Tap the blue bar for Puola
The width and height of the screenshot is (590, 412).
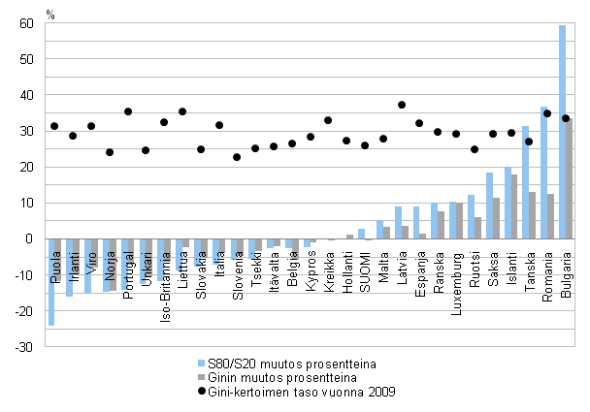click(51, 282)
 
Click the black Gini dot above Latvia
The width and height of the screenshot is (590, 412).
click(402, 105)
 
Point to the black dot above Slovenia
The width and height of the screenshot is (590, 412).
click(237, 157)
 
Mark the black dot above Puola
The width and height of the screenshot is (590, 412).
click(54, 126)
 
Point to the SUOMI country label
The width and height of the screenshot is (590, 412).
click(365, 263)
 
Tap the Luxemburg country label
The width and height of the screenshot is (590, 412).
click(457, 268)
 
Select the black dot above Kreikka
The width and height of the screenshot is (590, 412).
click(328, 120)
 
